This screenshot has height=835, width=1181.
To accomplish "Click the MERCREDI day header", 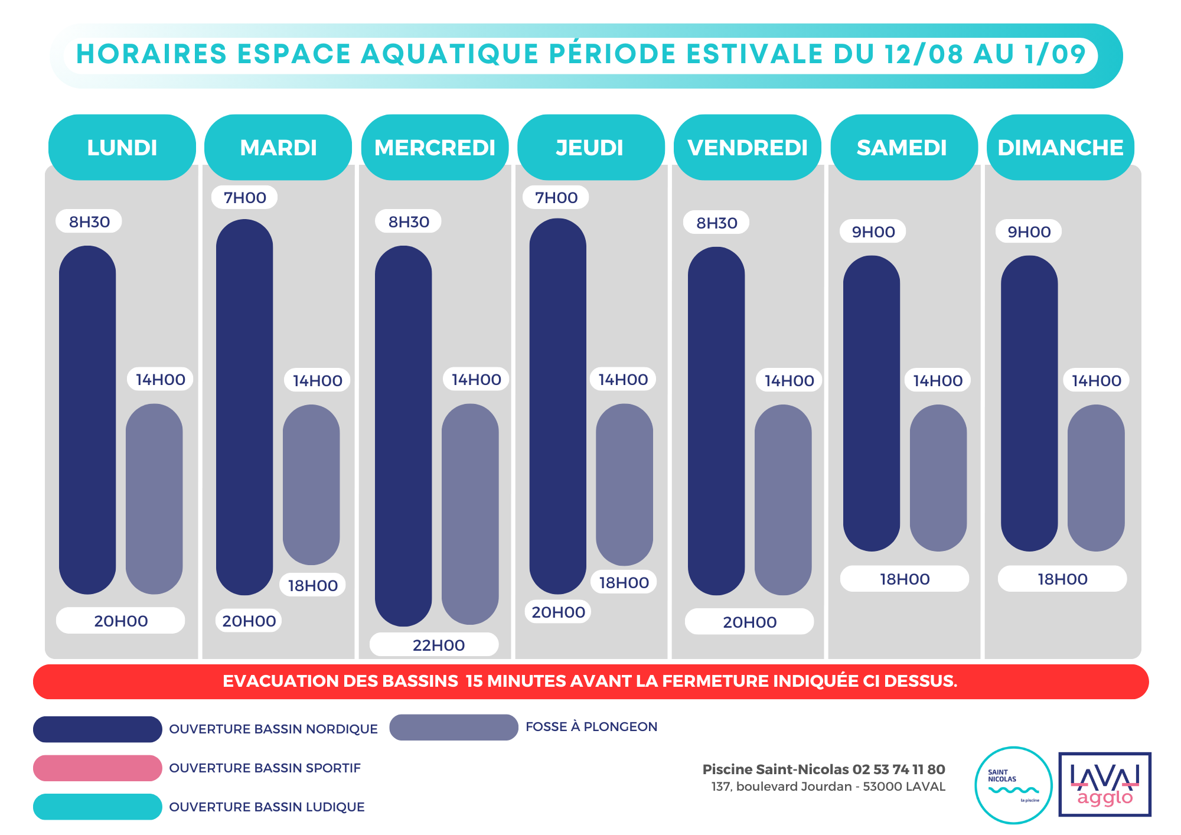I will [x=435, y=148].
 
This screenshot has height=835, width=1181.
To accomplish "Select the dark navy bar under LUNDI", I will [x=87, y=419].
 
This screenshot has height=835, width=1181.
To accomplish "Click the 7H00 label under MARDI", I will [x=244, y=198].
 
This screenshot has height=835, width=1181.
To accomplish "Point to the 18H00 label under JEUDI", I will [x=624, y=583].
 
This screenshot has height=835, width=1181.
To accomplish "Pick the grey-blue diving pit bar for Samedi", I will [x=938, y=477].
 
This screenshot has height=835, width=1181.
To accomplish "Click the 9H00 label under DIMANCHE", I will [x=1029, y=231].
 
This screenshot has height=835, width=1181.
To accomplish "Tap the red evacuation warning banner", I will [x=590, y=681].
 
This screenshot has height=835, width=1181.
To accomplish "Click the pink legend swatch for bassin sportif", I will [x=97, y=768].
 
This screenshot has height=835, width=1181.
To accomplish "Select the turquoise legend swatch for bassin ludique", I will [x=97, y=807].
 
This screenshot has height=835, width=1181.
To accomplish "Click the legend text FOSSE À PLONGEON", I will [x=591, y=727].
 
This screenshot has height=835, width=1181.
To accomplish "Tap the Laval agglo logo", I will [x=1104, y=784].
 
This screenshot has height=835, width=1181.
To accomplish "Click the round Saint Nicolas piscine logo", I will [x=1013, y=785].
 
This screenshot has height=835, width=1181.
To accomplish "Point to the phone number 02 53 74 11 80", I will [x=898, y=769].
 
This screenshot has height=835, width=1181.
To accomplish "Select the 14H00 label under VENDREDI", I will [x=789, y=381].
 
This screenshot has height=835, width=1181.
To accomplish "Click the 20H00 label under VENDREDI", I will [x=749, y=622].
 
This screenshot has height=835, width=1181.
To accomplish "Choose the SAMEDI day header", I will [x=902, y=148].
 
